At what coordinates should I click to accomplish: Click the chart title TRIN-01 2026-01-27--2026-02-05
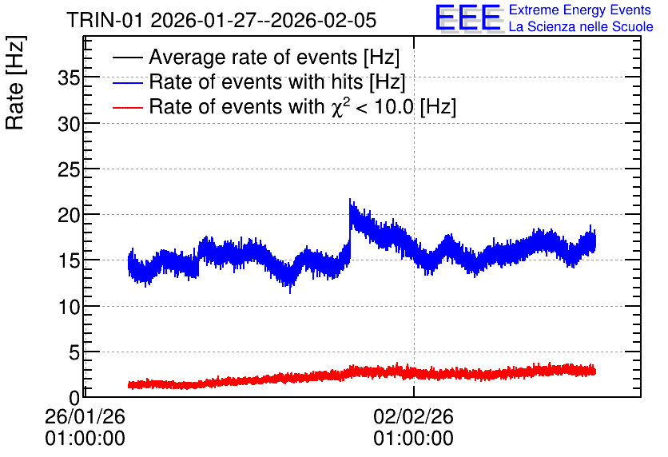pyautogui.click(x=221, y=20)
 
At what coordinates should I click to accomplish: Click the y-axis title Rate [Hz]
pyautogui.click(x=15, y=82)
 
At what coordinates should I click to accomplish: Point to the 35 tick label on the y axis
pyautogui.click(x=69, y=78)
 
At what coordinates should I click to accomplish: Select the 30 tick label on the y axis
pyautogui.click(x=69, y=124)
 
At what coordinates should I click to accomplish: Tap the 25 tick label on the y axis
pyautogui.click(x=69, y=169)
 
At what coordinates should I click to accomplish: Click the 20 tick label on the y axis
pyautogui.click(x=69, y=216)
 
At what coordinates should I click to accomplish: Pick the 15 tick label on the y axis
pyautogui.click(x=69, y=261)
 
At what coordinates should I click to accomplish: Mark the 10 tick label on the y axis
pyautogui.click(x=69, y=307)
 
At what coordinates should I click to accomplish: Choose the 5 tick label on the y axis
pyautogui.click(x=74, y=352)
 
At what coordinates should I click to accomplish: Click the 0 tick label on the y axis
pyautogui.click(x=74, y=398)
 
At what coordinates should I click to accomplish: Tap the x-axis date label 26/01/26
pyautogui.click(x=85, y=416)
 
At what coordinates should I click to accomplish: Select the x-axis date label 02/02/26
pyautogui.click(x=414, y=416)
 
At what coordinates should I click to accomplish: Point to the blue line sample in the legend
pyautogui.click(x=127, y=82)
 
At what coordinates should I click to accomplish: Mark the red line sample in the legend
pyautogui.click(x=127, y=107)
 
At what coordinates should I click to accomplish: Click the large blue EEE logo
pyautogui.click(x=468, y=18)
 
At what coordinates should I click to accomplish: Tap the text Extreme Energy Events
pyautogui.click(x=580, y=10)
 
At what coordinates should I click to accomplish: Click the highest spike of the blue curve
pyautogui.click(x=350, y=199)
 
